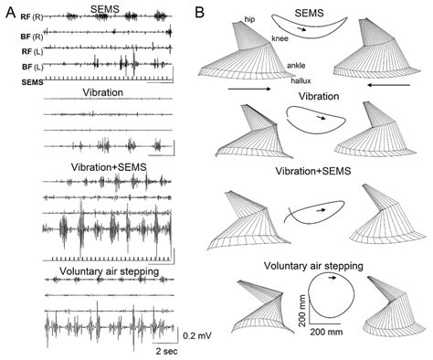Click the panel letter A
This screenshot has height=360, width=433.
click(10, 11)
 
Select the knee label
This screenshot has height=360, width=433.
click(281, 38)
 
